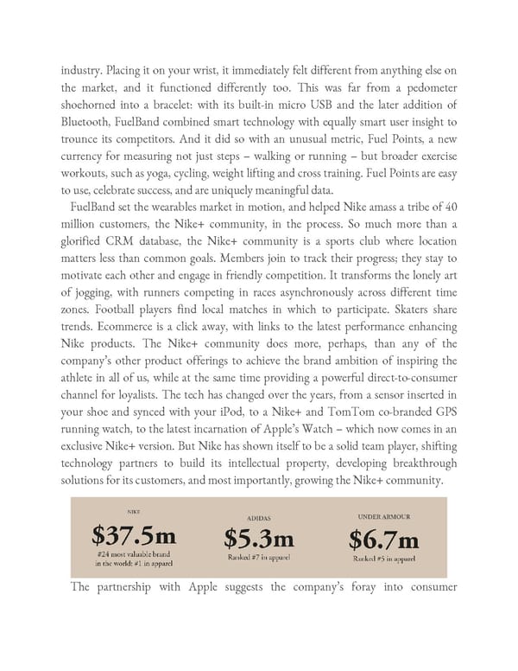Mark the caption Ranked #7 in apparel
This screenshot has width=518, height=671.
pyautogui.click(x=258, y=559)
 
